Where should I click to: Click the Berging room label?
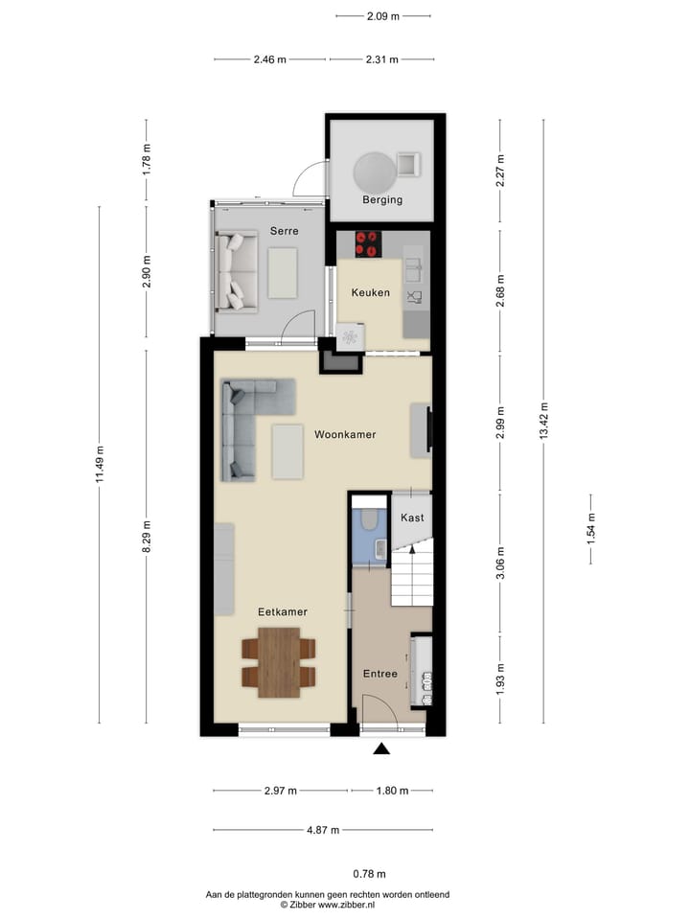pyautogui.click(x=381, y=200)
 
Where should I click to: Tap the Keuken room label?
pyautogui.click(x=370, y=292)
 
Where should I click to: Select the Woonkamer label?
pyautogui.click(x=345, y=434)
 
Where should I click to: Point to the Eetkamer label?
pyautogui.click(x=282, y=610)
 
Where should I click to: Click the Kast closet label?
pyautogui.click(x=412, y=517)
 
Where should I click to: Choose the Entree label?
pyautogui.click(x=379, y=674)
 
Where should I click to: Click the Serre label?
pyautogui.click(x=284, y=231)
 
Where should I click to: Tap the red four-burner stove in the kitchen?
pyautogui.click(x=368, y=244)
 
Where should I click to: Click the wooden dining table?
pyautogui.click(x=280, y=661)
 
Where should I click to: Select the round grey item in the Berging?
pyautogui.click(x=374, y=173)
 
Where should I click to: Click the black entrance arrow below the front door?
pyautogui.click(x=381, y=749)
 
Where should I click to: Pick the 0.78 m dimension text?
pyautogui.click(x=369, y=873)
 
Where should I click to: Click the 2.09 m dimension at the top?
pyautogui.click(x=382, y=15)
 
